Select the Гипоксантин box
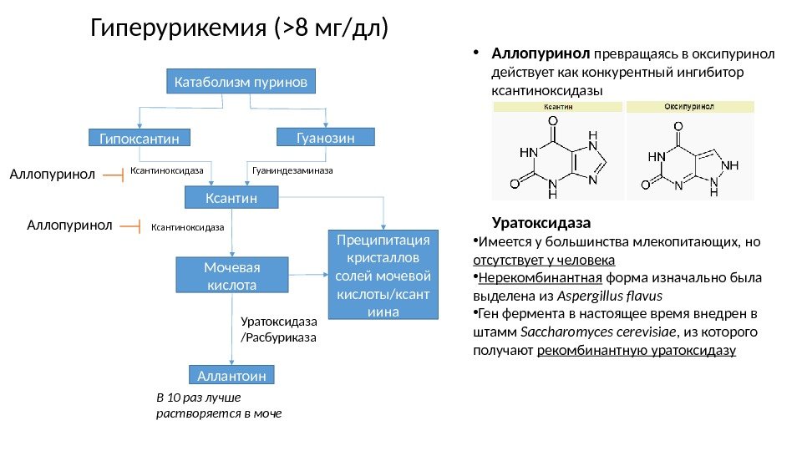click(140, 137)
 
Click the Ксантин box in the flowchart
click(231, 198)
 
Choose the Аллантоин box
click(231, 376)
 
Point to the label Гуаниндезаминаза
click(292, 170)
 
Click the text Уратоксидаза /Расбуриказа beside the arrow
click(279, 329)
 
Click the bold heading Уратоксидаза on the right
click(541, 224)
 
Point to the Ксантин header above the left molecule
click(558, 107)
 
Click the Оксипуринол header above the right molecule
click(689, 107)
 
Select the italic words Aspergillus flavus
click(617, 296)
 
